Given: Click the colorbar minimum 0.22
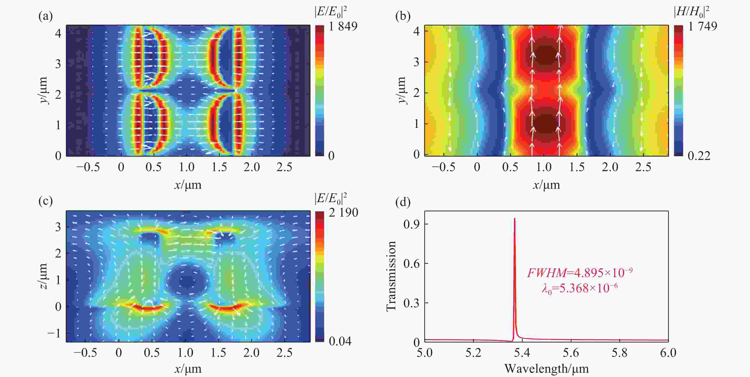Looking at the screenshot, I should pyautogui.click(x=699, y=156).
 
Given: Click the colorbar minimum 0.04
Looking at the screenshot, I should pyautogui.click(x=340, y=341).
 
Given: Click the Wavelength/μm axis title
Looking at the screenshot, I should pyautogui.click(x=546, y=369).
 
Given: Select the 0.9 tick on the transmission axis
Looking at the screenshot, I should pyautogui.click(x=411, y=224).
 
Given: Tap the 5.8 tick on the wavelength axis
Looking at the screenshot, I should pyautogui.click(x=619, y=353).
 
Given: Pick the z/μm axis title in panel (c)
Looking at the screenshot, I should pyautogui.click(x=43, y=276).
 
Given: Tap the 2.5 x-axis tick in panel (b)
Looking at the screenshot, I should pyautogui.click(x=643, y=167).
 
